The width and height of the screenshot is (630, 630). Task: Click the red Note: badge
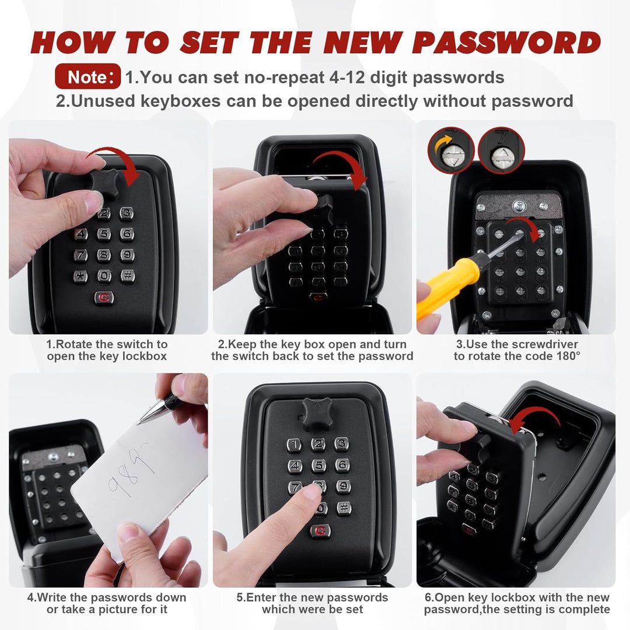click(87, 76)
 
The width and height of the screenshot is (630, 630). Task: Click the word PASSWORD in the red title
click(506, 42)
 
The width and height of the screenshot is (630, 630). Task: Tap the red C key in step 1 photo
click(104, 297)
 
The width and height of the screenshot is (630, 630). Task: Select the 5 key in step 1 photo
click(104, 234)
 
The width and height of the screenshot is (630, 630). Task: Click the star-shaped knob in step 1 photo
click(104, 183)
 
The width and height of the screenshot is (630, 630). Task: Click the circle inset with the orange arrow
click(451, 150)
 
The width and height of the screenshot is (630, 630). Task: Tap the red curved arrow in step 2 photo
click(341, 169)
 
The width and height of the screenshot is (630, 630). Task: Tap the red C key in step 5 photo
click(320, 531)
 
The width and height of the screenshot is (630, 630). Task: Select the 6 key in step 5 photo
click(342, 464)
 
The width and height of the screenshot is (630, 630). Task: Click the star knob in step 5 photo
click(317, 414)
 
